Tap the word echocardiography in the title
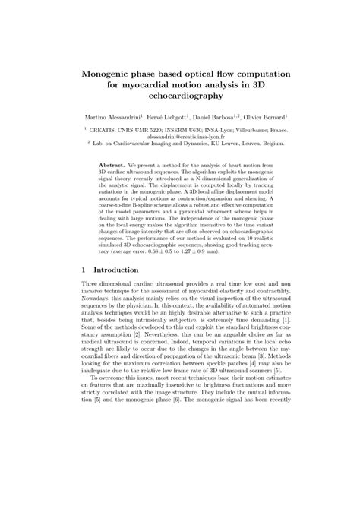tap(179, 97)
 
